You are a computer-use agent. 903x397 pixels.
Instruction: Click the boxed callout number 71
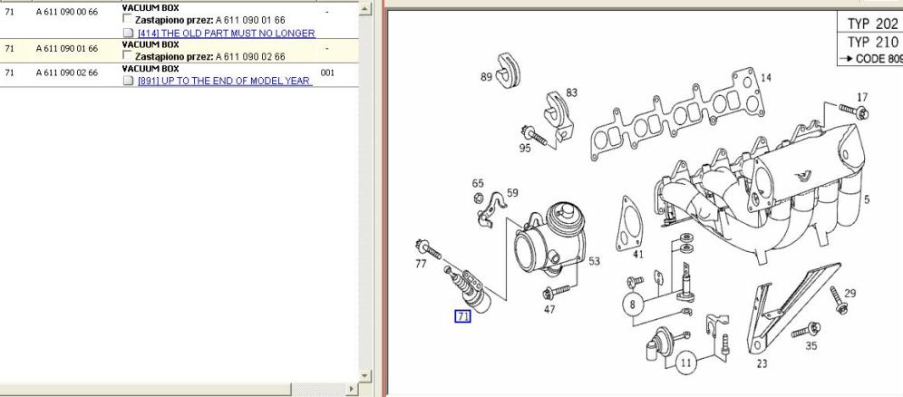point(463,315)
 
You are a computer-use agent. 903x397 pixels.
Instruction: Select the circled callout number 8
point(632,305)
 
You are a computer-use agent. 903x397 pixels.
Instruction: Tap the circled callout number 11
point(685,363)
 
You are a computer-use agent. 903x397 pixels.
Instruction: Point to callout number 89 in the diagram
point(486,76)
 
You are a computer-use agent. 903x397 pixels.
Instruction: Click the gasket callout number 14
point(766,78)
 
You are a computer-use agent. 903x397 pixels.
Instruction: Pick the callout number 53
point(594,261)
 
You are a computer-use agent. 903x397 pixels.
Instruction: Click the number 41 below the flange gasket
point(638,255)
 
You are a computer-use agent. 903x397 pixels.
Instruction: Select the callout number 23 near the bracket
point(762,363)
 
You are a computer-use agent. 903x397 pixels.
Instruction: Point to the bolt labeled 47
point(556,291)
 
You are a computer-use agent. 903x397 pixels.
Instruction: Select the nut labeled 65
point(478,199)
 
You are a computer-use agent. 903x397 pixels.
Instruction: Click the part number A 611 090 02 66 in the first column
point(67,73)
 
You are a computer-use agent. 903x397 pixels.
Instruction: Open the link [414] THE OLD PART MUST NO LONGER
point(227,34)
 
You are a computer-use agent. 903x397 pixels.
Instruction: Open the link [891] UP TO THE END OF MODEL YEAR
point(225,82)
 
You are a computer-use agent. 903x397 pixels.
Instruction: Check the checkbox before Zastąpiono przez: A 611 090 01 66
point(127,19)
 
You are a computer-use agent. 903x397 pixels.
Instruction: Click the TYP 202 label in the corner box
point(872,24)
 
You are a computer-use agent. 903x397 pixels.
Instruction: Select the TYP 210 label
point(872,42)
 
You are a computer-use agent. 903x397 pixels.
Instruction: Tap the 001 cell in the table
point(327,73)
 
